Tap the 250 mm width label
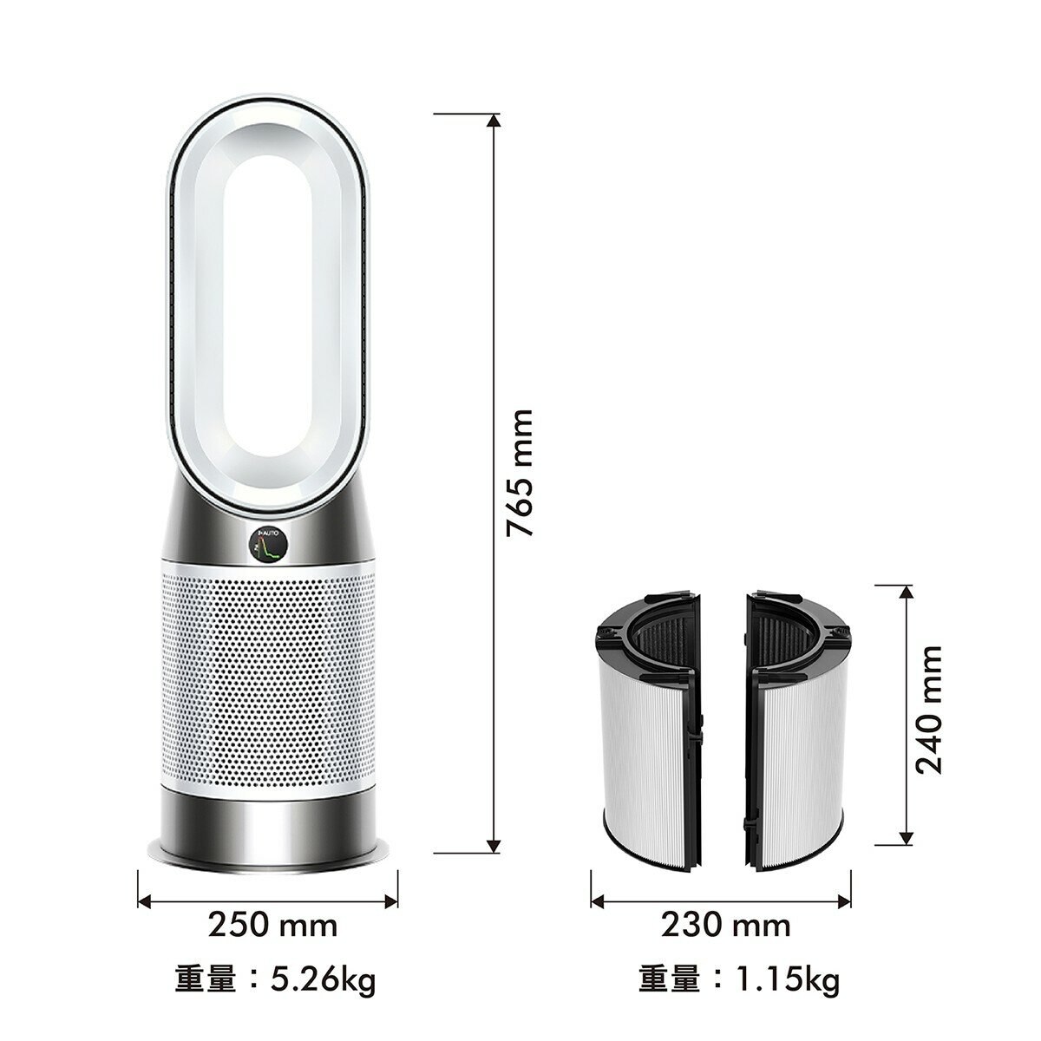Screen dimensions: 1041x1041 click(x=272, y=925)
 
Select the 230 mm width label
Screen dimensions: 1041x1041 click(x=725, y=925)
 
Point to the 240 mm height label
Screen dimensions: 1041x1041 click(x=930, y=709)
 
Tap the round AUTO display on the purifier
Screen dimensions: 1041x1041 click(x=266, y=546)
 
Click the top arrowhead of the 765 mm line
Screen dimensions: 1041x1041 click(x=493, y=119)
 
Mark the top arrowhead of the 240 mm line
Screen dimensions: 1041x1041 click(x=905, y=593)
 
